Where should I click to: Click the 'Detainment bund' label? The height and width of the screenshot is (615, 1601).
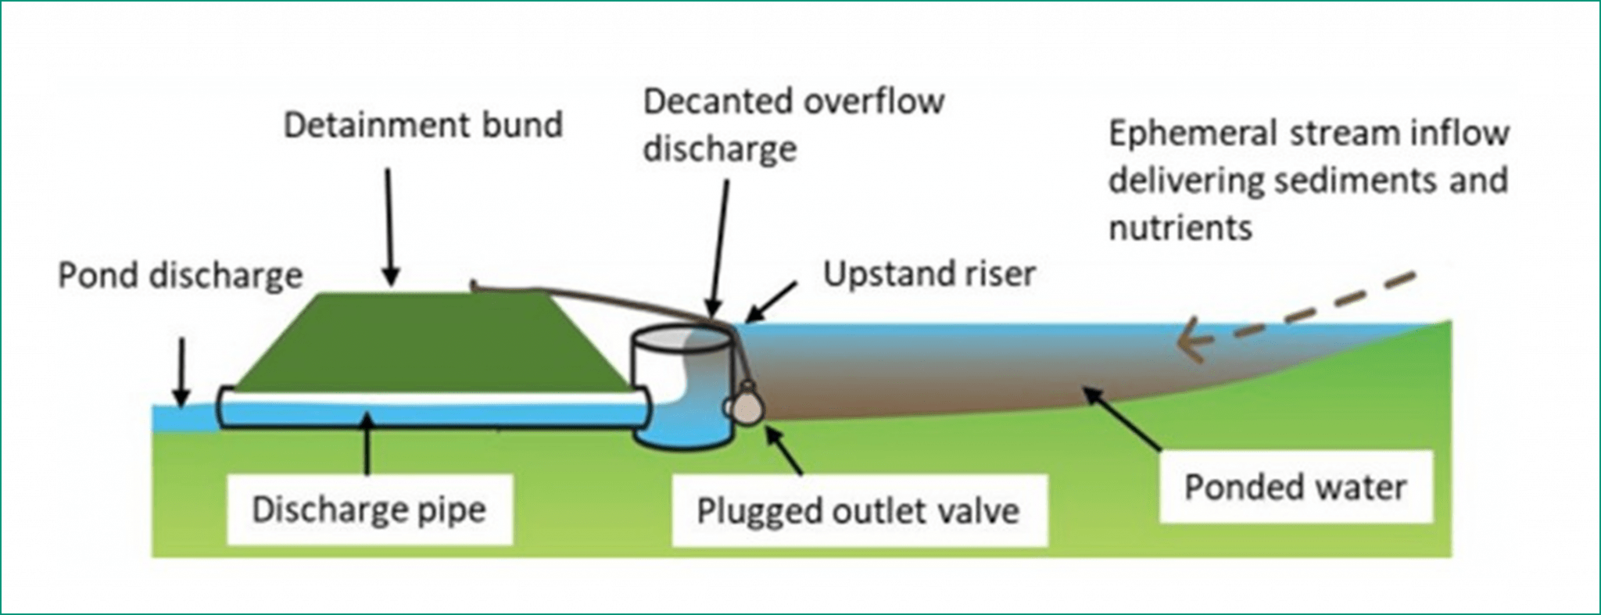point(423,125)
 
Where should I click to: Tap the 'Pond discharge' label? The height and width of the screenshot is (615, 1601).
point(181,276)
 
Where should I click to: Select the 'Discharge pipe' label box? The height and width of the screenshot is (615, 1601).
point(369,510)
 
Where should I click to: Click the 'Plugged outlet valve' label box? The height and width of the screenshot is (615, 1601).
point(858,511)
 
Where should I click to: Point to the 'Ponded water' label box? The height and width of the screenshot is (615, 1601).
point(1295,487)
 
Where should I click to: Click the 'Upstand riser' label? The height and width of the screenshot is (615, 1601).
point(929,274)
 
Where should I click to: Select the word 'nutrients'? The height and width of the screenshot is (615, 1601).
point(1180,228)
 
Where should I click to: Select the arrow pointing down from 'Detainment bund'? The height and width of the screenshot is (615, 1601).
point(389,227)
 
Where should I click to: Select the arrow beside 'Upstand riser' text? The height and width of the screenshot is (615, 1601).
point(770,301)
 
